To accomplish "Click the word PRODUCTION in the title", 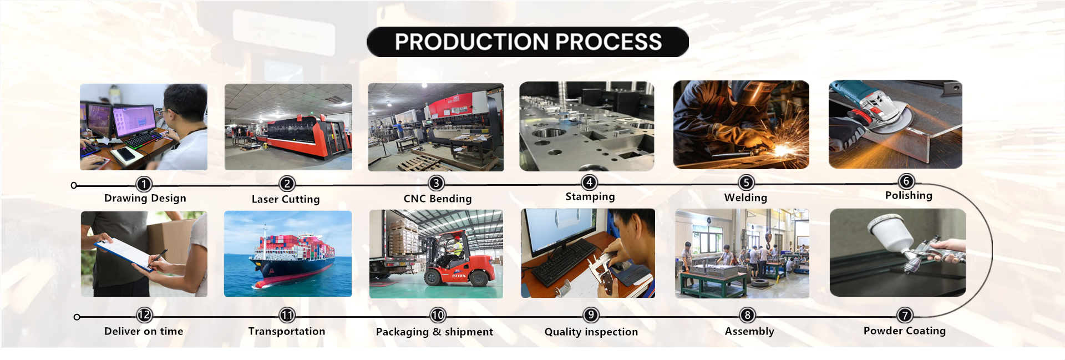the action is (472, 42).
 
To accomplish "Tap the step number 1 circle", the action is (144, 184).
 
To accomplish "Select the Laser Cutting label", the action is (286, 199).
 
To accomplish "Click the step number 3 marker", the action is (437, 183).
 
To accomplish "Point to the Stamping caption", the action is (590, 197).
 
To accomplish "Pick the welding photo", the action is (741, 124).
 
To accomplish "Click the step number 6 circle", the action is (906, 181).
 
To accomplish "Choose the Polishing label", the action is (909, 196).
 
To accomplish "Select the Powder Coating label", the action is (905, 331).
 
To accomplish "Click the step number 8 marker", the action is (748, 315).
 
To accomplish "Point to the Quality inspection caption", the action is (591, 332).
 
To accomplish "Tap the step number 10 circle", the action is (438, 315).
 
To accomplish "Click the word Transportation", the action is (287, 331).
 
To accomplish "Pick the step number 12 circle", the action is (144, 315).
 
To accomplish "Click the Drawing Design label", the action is (145, 199).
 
